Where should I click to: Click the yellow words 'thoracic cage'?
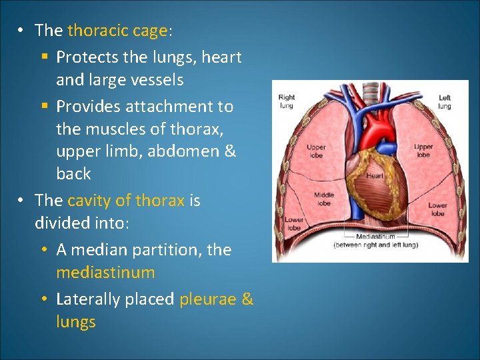pyautogui.click(x=117, y=31)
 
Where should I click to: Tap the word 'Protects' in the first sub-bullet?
pyautogui.click(x=85, y=57)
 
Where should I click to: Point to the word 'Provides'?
pyautogui.click(x=86, y=107)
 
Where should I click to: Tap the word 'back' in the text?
pyautogui.click(x=73, y=174)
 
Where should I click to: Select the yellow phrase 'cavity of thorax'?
pyautogui.click(x=125, y=201)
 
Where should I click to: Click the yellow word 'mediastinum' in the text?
pyautogui.click(x=105, y=273)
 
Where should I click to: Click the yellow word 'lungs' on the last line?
pyautogui.click(x=76, y=322)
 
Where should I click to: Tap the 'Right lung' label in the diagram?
pyautogui.click(x=287, y=101)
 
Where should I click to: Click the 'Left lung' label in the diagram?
pyautogui.click(x=445, y=102)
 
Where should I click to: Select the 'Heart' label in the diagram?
pyautogui.click(x=375, y=176)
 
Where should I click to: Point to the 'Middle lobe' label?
pyautogui.click(x=324, y=199)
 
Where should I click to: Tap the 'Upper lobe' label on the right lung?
pyautogui.click(x=316, y=151)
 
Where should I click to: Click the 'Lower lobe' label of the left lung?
pyautogui.click(x=437, y=209)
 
